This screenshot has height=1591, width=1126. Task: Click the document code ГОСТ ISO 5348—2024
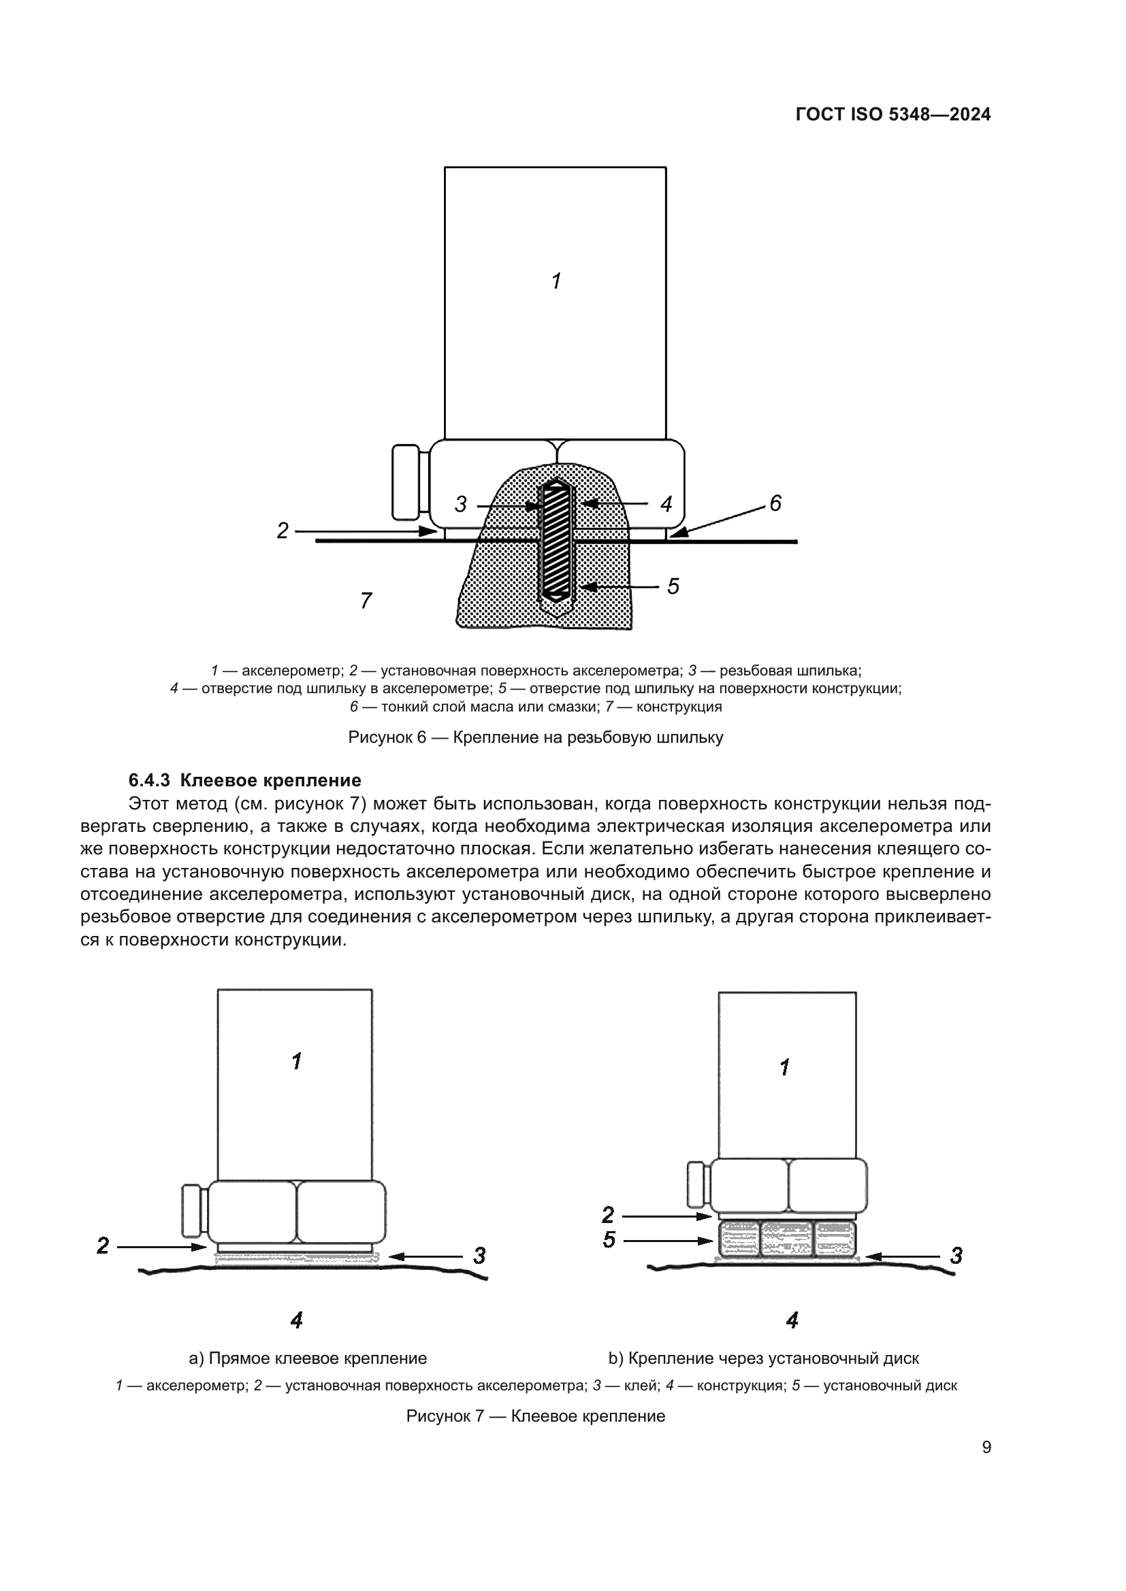(x=893, y=115)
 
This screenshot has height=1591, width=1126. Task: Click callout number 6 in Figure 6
(x=775, y=503)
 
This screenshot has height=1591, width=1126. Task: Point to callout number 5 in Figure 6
(x=673, y=586)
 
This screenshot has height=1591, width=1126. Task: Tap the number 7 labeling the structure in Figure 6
(x=366, y=600)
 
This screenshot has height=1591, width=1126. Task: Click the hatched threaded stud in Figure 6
(x=556, y=541)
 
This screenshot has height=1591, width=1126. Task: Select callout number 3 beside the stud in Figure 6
(x=461, y=505)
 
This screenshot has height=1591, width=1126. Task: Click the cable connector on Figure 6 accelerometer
(x=406, y=482)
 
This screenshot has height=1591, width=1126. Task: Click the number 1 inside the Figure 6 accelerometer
(x=556, y=282)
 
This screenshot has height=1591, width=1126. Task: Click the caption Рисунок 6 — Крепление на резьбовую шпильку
(x=535, y=737)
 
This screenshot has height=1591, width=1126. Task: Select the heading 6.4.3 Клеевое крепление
(x=245, y=780)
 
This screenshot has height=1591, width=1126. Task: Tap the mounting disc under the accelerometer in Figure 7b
(x=788, y=1239)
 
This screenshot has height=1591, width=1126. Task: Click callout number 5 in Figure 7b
(x=609, y=1240)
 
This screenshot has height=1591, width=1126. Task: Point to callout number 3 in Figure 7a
(x=479, y=1256)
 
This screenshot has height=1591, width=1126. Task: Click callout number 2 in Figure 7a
(x=103, y=1246)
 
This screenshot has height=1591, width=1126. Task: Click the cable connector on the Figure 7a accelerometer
(x=193, y=1211)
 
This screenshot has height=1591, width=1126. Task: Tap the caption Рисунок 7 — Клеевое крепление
(x=535, y=1416)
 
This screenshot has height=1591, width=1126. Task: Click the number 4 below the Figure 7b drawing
(x=792, y=1320)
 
